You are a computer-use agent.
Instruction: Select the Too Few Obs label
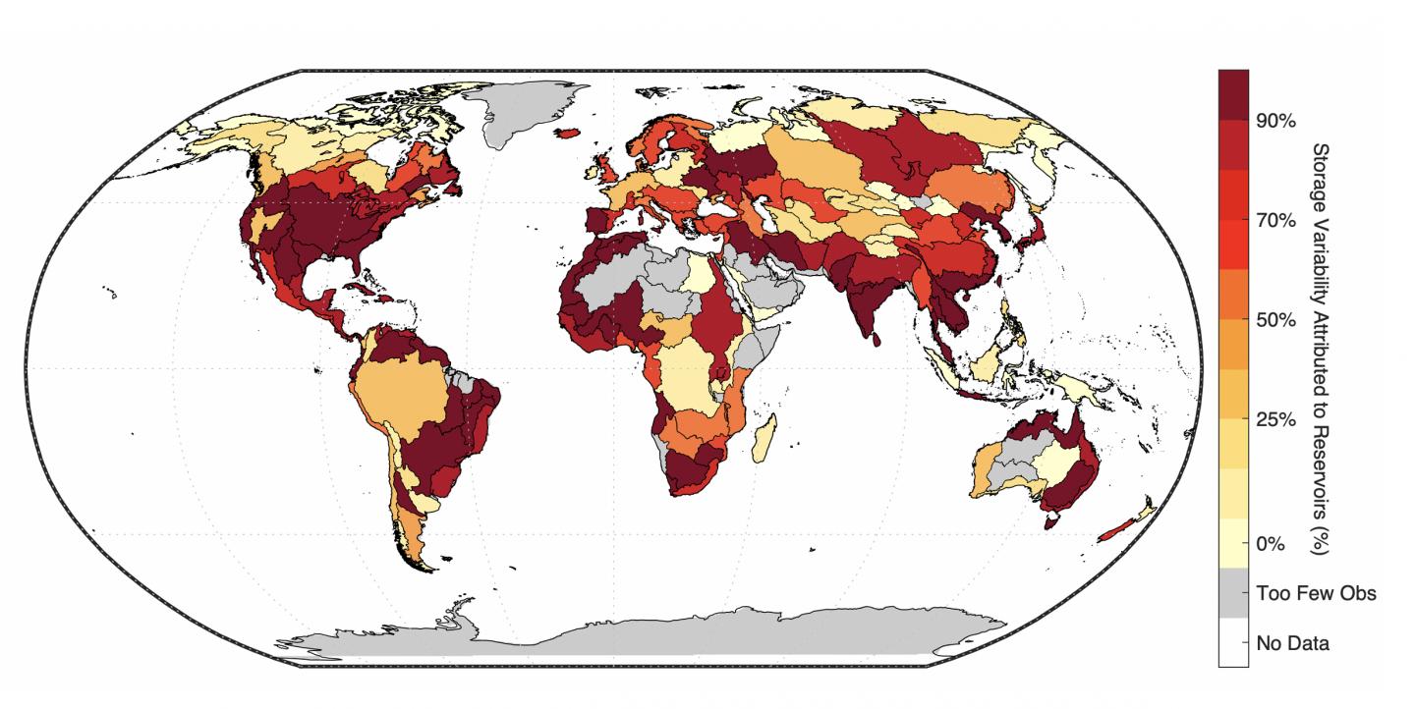(1316, 594)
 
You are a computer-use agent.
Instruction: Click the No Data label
(1292, 644)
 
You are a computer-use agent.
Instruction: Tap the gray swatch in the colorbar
(1233, 594)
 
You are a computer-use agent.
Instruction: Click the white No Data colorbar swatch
(1233, 644)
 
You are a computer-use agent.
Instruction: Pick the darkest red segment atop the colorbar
(1233, 94)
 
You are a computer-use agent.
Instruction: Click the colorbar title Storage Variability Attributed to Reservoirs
(1321, 349)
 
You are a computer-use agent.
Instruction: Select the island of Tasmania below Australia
(1050, 521)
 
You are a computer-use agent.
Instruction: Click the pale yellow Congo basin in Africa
(688, 383)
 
